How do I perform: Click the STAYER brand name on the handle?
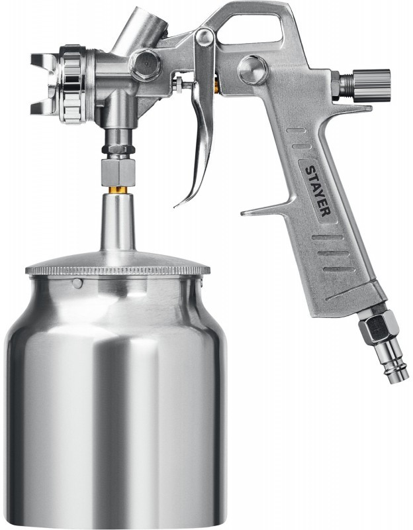[x=318, y=190]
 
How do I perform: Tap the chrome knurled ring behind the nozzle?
[x=72, y=84]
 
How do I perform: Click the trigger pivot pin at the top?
[x=205, y=37]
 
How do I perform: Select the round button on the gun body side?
[x=252, y=70]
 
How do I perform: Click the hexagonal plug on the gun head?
[x=146, y=65]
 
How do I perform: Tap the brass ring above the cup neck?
[x=118, y=189]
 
